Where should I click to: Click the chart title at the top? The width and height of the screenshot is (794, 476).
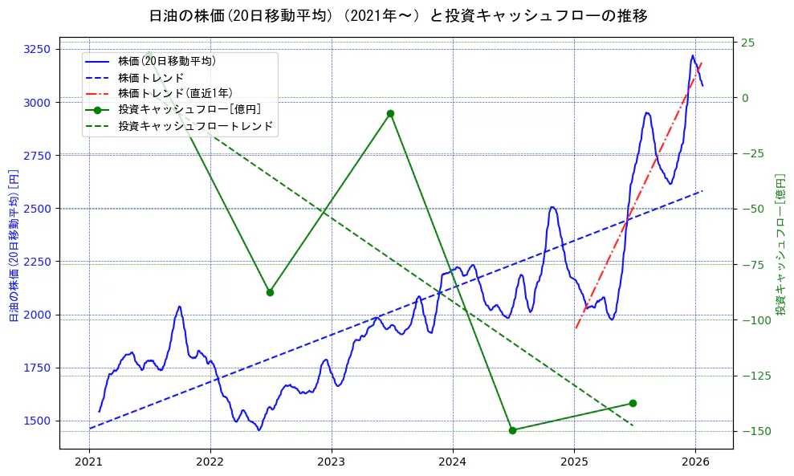point(398,15)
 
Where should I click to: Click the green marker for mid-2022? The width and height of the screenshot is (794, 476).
point(270,292)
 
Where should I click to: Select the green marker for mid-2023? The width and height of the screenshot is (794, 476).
point(390,113)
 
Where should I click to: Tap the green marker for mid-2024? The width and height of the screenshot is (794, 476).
point(512,430)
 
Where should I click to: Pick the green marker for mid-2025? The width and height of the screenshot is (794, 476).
point(633,403)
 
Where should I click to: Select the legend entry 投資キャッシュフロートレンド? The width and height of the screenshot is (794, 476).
point(195,126)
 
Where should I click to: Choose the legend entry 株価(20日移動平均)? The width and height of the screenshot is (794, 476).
point(166,60)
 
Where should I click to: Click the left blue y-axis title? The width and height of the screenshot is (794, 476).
point(14,245)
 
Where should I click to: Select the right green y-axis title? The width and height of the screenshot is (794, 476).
point(780,245)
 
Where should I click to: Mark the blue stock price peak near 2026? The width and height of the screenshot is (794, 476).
point(692,55)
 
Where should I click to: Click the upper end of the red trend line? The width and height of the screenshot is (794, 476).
point(702,63)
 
